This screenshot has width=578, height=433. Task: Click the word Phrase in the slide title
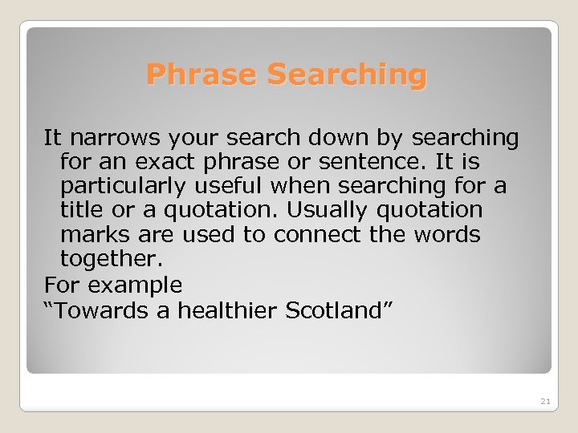click(x=203, y=75)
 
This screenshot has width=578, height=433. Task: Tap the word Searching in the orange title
click(x=347, y=75)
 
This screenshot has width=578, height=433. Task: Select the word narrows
click(x=112, y=138)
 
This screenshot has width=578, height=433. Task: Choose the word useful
click(x=236, y=186)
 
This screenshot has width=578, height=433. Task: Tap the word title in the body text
click(x=83, y=210)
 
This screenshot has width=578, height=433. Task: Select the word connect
click(x=310, y=235)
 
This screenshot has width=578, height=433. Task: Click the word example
click(x=136, y=285)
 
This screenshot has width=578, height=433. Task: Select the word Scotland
click(x=332, y=310)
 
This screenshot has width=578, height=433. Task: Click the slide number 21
click(x=546, y=401)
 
